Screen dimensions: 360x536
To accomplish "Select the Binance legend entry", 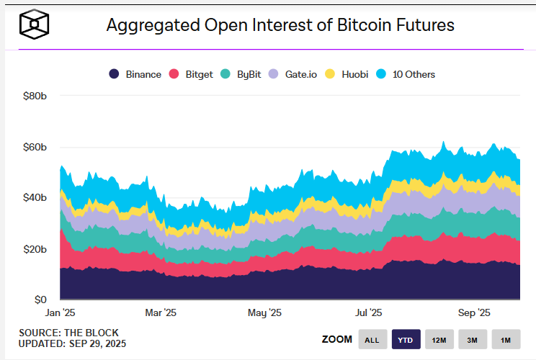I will click(x=135, y=74).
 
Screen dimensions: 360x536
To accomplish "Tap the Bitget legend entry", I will click(x=191, y=74).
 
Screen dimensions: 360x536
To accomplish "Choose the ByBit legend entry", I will click(x=243, y=74).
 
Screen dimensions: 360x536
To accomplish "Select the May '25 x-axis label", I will click(x=265, y=313).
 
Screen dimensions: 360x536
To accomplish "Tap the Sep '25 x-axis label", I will click(x=474, y=313).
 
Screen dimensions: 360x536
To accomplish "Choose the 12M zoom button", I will click(x=439, y=340).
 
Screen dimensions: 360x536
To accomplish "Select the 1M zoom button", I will click(x=506, y=340).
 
